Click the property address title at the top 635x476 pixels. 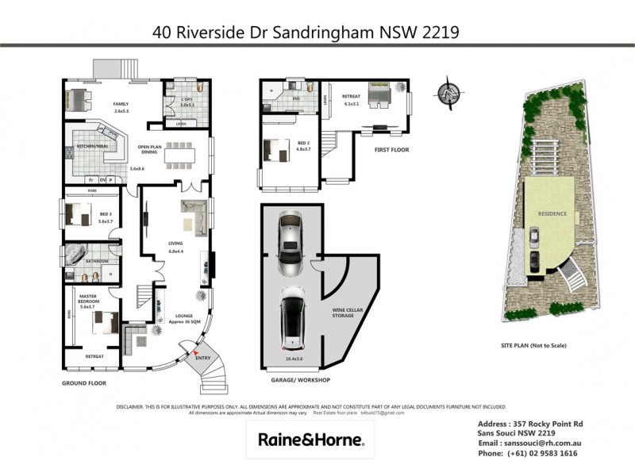[306, 33]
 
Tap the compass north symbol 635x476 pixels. [449, 91]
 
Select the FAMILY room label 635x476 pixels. [121, 104]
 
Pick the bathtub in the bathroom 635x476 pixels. [77, 255]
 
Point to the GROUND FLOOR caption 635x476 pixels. [84, 382]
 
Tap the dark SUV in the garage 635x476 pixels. [294, 320]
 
